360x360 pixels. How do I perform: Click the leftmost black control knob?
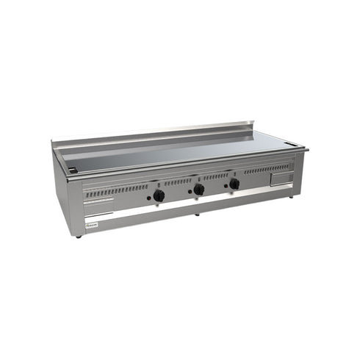pos(159,195)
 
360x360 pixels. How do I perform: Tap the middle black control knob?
pos(199,190)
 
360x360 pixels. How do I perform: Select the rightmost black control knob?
pos(234,184)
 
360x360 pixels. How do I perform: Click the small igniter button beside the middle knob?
pos(189,192)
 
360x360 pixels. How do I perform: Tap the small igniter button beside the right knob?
pos(225,187)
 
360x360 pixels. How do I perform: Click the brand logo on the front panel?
pos(93,222)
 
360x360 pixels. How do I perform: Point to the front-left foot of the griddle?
pos(79,237)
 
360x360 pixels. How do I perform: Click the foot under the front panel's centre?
pos(195,215)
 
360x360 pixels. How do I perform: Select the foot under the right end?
pos(291,196)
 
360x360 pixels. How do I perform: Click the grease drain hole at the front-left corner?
pos(71,170)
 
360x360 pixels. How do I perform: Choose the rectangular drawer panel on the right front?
pos(280,179)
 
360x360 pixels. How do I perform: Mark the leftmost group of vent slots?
pos(116,190)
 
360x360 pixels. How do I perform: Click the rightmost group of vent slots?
pos(266,169)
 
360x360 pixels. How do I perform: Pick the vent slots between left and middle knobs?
pos(178,182)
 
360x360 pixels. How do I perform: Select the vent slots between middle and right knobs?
pos(216,176)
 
